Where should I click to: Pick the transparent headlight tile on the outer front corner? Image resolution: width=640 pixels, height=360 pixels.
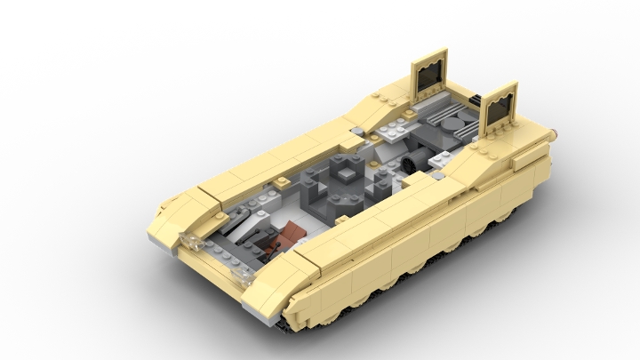tap(188, 240)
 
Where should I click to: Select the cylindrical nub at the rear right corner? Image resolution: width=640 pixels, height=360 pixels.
tap(557, 131)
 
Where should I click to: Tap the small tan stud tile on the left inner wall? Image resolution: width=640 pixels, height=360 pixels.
tap(283, 180)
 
